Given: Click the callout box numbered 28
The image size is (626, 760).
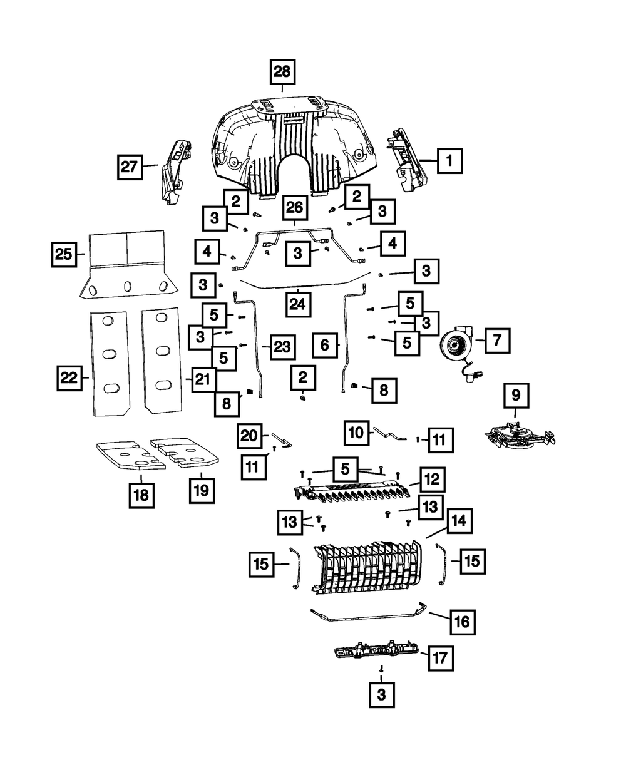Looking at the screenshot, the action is pos(282,72).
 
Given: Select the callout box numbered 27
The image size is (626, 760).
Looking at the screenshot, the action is pos(130,167).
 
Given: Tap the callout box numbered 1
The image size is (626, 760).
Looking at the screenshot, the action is pos(450,160).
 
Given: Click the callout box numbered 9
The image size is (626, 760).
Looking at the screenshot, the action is pos(516,395).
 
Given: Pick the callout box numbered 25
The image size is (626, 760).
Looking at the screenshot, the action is pos(64,254).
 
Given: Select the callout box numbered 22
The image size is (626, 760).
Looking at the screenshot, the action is pos(69,378).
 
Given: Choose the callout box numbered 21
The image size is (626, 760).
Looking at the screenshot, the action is pos(203,379).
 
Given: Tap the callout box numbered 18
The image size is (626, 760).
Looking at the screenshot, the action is pos(141,495).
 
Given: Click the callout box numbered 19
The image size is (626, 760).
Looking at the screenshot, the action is pos(202,491).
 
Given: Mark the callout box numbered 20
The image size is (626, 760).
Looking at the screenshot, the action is pos(249,436).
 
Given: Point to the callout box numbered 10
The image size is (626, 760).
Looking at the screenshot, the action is pos(356,433).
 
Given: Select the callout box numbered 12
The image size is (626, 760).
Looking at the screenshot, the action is pos(433,480).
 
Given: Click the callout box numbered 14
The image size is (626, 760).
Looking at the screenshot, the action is pos(459,521).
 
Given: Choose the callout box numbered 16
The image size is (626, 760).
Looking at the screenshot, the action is pos(463,622).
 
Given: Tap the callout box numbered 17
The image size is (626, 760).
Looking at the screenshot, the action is pos(441,658).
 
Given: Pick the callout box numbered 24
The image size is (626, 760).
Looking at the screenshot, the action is pos(298,304).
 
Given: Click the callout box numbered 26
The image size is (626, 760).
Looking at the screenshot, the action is pos(295,207).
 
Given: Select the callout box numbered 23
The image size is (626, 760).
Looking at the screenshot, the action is pos(283,347).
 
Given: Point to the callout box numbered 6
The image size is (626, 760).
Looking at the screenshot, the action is pos(325,345).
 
